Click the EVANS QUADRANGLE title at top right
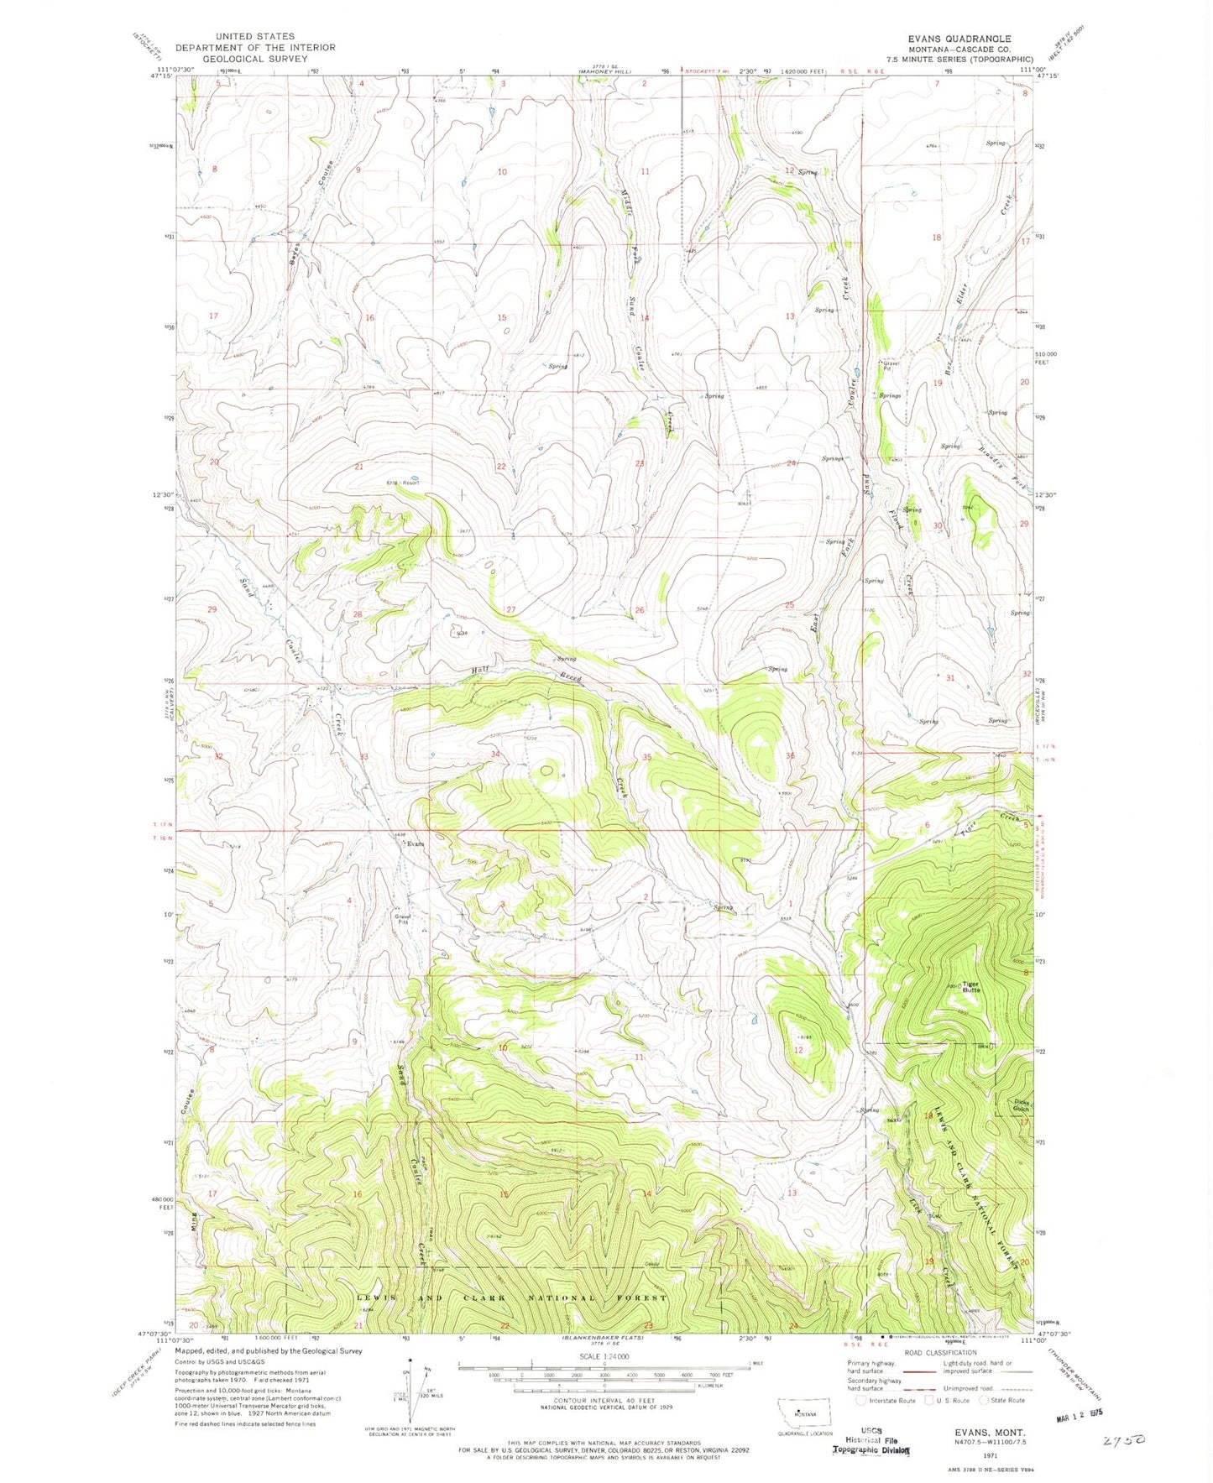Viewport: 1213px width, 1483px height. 959,39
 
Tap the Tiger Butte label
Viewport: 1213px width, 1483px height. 971,988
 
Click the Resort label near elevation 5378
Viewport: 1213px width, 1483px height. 410,483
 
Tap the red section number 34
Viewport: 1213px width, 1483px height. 495,755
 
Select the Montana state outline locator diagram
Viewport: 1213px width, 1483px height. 803,1412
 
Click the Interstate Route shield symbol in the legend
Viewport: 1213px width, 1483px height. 862,1400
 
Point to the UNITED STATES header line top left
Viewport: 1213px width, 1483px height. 254,37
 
